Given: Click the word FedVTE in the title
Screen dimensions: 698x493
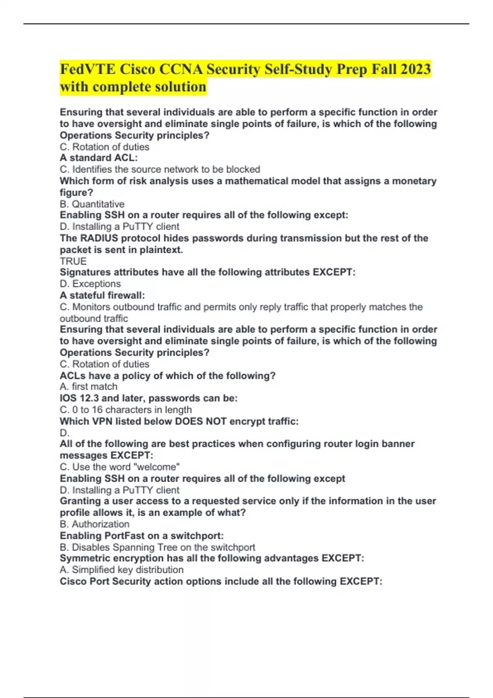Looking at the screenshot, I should pos(88,69).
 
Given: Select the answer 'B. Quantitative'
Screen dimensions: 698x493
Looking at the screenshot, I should pos(92,204).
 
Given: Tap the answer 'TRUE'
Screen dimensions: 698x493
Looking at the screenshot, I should pos(73,261).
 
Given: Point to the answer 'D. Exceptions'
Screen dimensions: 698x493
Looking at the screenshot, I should pos(90,284).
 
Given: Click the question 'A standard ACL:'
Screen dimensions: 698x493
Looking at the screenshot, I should pos(99,158).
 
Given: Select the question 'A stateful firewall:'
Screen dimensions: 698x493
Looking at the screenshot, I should pos(102,295).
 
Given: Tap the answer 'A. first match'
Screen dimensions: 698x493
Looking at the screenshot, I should pos(89,386).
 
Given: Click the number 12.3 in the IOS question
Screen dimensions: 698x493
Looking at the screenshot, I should pos(89,398).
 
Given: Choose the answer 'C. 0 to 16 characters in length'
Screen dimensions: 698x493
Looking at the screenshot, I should pos(126,410).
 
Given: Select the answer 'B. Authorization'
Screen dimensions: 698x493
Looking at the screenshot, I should pos(94,524).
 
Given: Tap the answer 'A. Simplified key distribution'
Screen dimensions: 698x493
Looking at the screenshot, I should pos(122,569).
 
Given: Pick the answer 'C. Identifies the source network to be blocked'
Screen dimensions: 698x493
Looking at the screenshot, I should pos(160,169).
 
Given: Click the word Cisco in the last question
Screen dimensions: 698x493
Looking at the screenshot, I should pos(73,581).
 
